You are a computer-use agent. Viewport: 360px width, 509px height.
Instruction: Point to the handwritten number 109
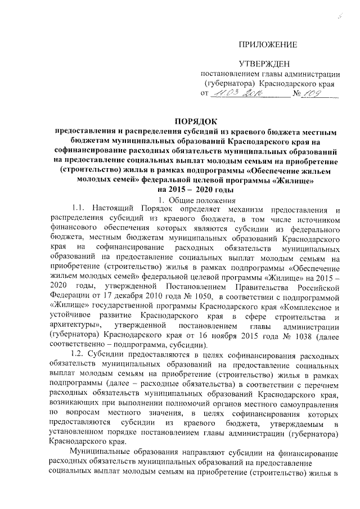point(326,93)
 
